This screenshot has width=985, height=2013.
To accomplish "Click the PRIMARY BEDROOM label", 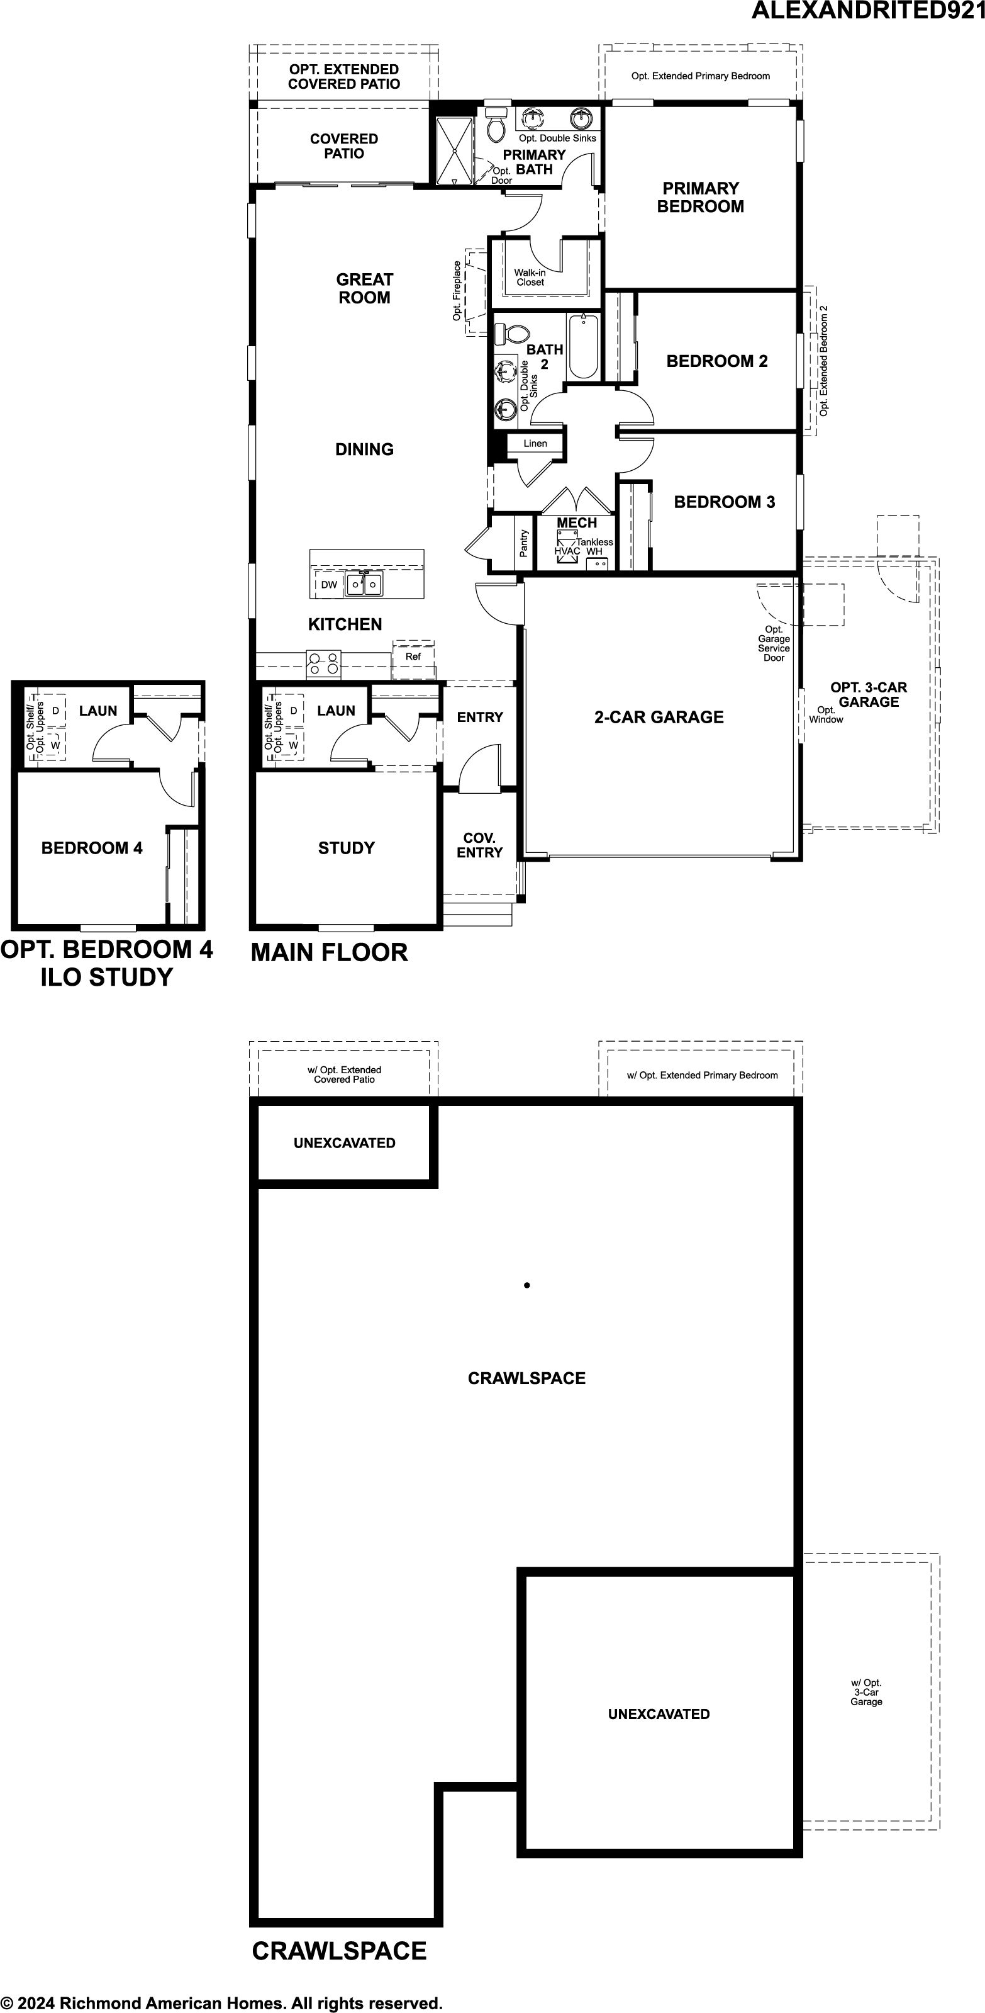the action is (700, 197).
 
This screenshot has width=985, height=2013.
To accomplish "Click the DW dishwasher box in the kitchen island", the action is (329, 585).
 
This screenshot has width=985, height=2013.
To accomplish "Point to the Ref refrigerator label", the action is (413, 657).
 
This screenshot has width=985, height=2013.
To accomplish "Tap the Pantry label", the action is (523, 543).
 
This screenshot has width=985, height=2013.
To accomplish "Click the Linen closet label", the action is (535, 443).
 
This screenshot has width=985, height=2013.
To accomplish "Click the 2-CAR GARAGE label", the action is (659, 716).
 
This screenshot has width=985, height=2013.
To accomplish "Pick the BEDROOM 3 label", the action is (724, 502).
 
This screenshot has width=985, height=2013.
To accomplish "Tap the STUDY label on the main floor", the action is (346, 848).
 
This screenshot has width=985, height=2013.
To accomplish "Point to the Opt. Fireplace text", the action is (457, 291).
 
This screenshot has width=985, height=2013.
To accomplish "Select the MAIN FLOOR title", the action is (329, 952).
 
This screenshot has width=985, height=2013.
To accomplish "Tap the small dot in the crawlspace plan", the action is (527, 1285).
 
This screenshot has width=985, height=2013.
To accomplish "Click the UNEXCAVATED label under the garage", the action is (659, 1714).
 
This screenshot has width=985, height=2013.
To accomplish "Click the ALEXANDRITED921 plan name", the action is (868, 11).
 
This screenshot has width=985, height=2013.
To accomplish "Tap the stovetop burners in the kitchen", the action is (324, 663).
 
